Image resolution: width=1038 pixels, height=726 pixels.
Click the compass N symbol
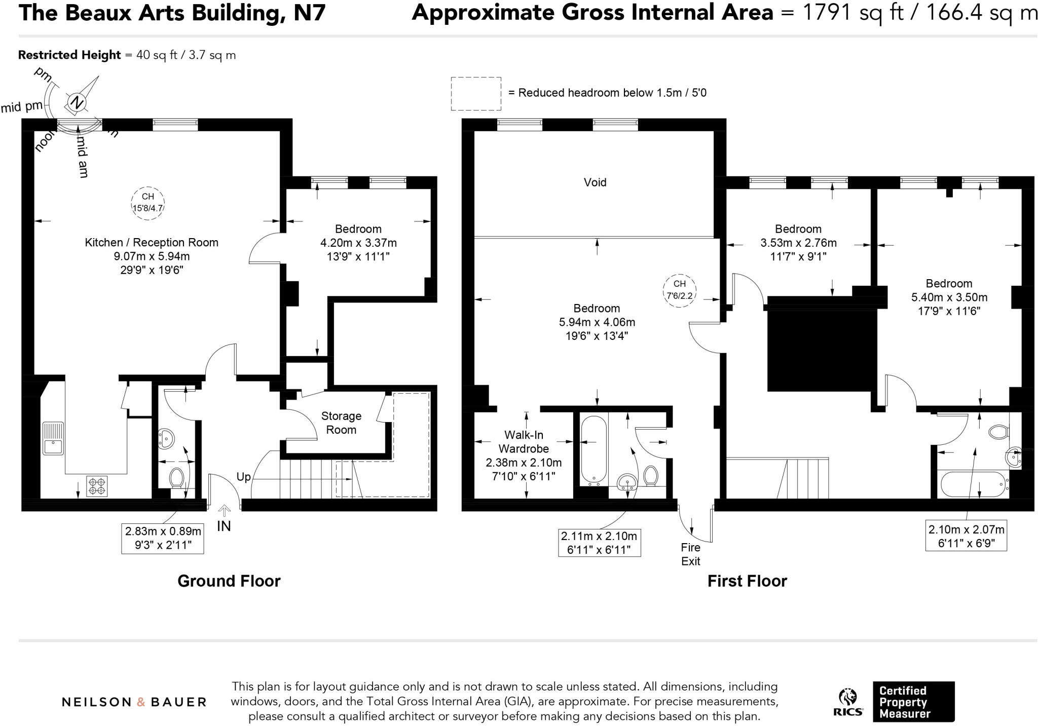click(x=77, y=103)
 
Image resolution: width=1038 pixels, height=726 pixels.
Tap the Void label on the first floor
click(x=595, y=182)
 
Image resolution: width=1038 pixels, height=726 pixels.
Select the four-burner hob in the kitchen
click(x=97, y=486)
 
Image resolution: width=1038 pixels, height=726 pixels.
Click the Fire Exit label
click(x=690, y=554)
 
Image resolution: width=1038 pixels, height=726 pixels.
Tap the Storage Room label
click(x=341, y=423)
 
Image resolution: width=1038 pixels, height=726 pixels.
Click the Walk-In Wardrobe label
click(x=524, y=442)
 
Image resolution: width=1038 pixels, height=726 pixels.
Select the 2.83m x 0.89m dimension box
click(x=163, y=538)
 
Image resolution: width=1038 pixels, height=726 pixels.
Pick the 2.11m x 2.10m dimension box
click(x=599, y=543)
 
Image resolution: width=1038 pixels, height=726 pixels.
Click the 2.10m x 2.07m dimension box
click(x=966, y=536)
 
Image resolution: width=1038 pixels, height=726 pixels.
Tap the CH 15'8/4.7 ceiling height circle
click(x=147, y=203)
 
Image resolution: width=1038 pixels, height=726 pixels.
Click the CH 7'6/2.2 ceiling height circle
click(x=679, y=290)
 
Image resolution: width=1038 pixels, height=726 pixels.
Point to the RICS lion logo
click(x=847, y=698)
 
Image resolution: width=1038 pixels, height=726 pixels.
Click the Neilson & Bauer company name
click(x=134, y=702)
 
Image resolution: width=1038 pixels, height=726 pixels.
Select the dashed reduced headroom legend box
click(x=476, y=94)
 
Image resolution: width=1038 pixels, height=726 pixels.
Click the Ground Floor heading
click(x=229, y=581)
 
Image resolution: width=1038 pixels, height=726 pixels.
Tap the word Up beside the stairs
click(x=243, y=477)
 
